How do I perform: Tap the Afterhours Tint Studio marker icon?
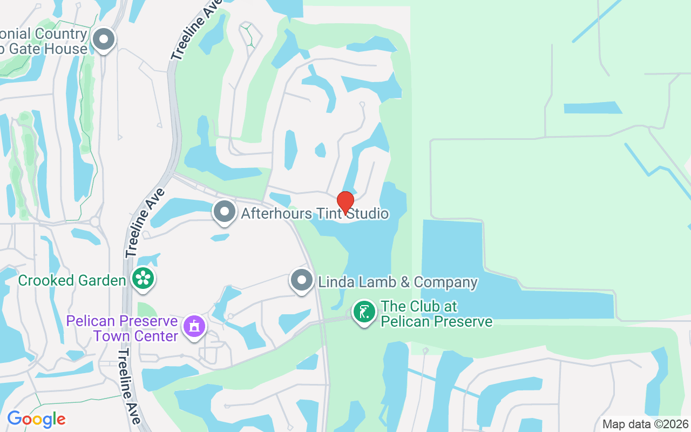(x=225, y=212)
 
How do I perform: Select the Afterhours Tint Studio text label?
(x=314, y=213)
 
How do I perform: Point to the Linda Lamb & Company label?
(x=398, y=282)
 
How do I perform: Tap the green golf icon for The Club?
(x=364, y=313)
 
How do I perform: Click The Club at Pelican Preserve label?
(x=436, y=314)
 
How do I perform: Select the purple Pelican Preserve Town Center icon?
(x=194, y=327)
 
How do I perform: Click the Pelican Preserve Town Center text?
(x=122, y=328)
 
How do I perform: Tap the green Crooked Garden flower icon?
(x=144, y=279)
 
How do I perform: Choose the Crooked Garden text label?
(x=72, y=281)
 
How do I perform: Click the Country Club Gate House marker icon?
(x=103, y=39)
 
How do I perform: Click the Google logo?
(x=36, y=419)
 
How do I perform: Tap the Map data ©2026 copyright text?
(x=646, y=424)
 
